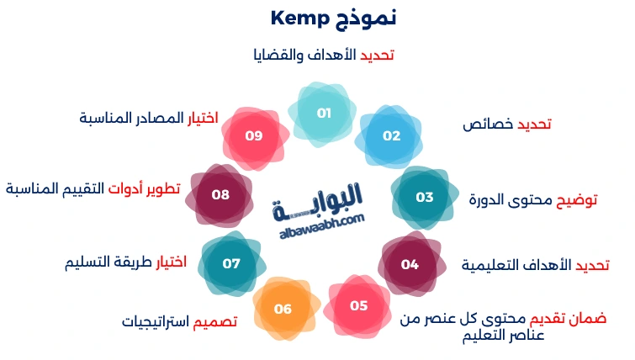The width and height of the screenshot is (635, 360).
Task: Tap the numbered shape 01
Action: tap(324, 113)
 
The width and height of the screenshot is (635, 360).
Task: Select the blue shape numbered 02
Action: tap(392, 135)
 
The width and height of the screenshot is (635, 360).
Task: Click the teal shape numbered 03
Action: tap(425, 198)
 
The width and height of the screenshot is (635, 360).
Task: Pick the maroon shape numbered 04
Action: tap(410, 264)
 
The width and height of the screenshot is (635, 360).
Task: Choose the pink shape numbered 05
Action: tap(359, 305)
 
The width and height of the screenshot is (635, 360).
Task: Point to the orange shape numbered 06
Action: tap(283, 310)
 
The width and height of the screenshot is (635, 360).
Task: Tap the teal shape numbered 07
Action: tap(231, 263)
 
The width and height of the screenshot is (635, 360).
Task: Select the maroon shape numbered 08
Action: tap(220, 195)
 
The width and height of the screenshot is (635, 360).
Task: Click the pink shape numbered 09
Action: tap(254, 135)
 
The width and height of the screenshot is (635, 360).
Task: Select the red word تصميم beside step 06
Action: tap(216, 321)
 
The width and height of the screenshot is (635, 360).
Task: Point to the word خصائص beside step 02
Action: tap(487, 124)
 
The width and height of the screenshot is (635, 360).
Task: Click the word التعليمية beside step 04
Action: tap(492, 266)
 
